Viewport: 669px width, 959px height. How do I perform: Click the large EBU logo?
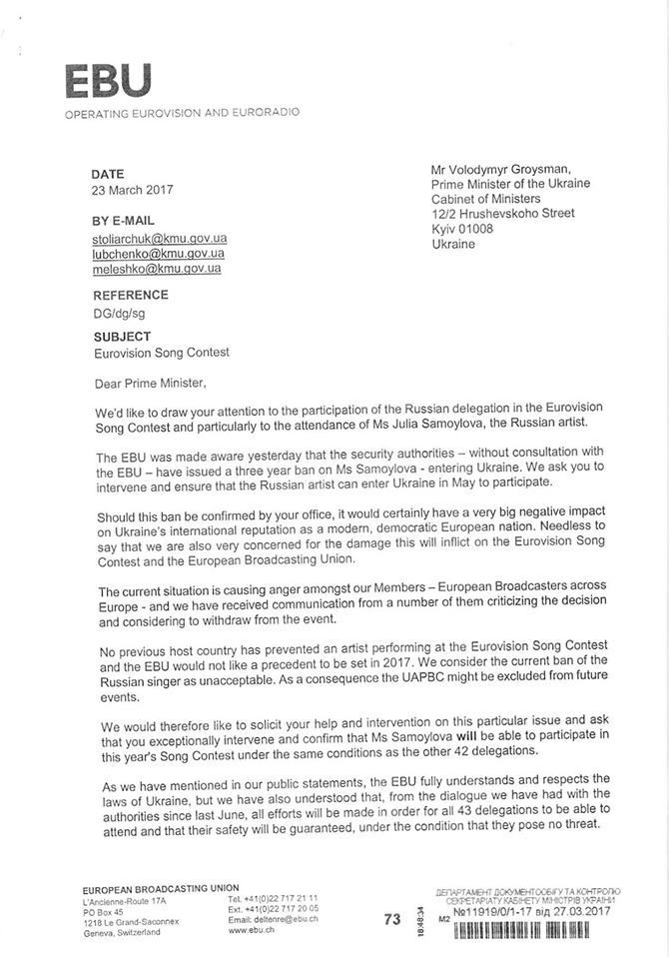coord(108,80)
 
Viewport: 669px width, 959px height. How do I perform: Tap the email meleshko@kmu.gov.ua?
coord(157,269)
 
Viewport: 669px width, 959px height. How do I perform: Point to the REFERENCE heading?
coord(131,296)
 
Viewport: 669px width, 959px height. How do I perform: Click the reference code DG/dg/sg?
coord(121,313)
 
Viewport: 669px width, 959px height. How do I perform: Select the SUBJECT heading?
coord(122,337)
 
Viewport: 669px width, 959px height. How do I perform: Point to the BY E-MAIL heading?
coord(124,221)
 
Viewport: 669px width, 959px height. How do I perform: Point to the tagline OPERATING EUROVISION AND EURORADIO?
coord(182,113)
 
